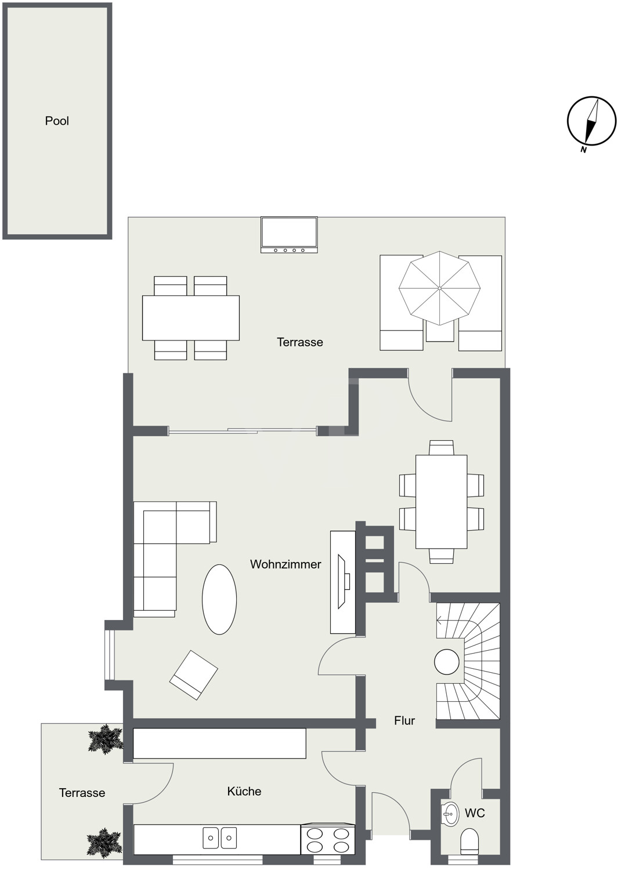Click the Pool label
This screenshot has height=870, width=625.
(57, 121)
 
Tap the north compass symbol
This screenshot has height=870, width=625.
(591, 121)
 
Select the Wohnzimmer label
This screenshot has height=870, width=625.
(286, 564)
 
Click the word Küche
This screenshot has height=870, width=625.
(244, 791)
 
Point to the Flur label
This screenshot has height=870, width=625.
(404, 720)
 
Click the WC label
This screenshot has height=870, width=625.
(475, 813)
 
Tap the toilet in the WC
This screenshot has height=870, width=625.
(469, 842)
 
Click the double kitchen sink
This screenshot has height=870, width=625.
(219, 838)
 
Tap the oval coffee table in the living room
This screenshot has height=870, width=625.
(219, 599)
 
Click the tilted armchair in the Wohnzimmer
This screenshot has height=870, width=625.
(194, 675)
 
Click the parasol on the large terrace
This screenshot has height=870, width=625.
(439, 288)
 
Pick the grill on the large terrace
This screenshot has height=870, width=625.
(289, 235)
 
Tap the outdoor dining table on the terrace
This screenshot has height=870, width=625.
(190, 318)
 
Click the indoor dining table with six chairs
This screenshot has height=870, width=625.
(441, 502)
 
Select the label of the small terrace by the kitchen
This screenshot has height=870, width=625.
(82, 793)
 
